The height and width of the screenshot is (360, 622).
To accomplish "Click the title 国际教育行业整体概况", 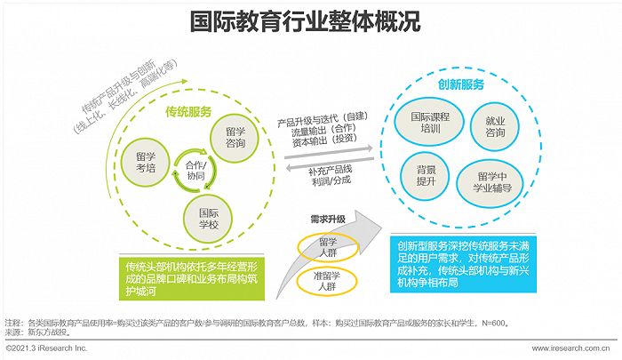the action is pyautogui.click(x=305, y=21).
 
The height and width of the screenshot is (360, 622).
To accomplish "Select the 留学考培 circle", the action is pyautogui.click(x=146, y=163).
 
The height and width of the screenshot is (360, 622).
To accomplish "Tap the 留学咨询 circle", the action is pyautogui.click(x=235, y=137).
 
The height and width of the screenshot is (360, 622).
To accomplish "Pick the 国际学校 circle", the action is pyautogui.click(x=208, y=219).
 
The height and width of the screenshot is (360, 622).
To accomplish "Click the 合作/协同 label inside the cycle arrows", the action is pyautogui.click(x=195, y=171).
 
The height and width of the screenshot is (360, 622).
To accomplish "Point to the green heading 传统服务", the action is pyautogui.click(x=188, y=112).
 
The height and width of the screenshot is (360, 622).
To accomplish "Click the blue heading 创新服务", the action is pyautogui.click(x=460, y=84).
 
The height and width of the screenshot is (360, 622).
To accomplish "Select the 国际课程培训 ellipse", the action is pyautogui.click(x=429, y=123).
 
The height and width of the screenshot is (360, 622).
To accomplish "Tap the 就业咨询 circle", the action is pyautogui.click(x=495, y=126).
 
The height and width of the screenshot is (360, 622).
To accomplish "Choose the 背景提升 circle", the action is pyautogui.click(x=426, y=176).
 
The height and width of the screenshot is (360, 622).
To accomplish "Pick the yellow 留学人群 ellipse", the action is pyautogui.click(x=328, y=247).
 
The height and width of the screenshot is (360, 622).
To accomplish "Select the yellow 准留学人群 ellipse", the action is pyautogui.click(x=327, y=281).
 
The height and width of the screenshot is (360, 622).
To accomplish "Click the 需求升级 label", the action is pyautogui.click(x=328, y=219).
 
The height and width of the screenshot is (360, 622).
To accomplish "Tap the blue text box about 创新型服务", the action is pyautogui.click(x=463, y=264).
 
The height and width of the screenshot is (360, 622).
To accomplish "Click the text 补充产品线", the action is pyautogui.click(x=330, y=171).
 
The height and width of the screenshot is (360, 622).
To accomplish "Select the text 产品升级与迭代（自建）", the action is pyautogui.click(x=323, y=119).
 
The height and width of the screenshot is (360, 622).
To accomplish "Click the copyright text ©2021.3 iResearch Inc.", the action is pyautogui.click(x=46, y=348).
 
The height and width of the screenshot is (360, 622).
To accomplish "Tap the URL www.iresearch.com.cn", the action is pyautogui.click(x=570, y=348).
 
